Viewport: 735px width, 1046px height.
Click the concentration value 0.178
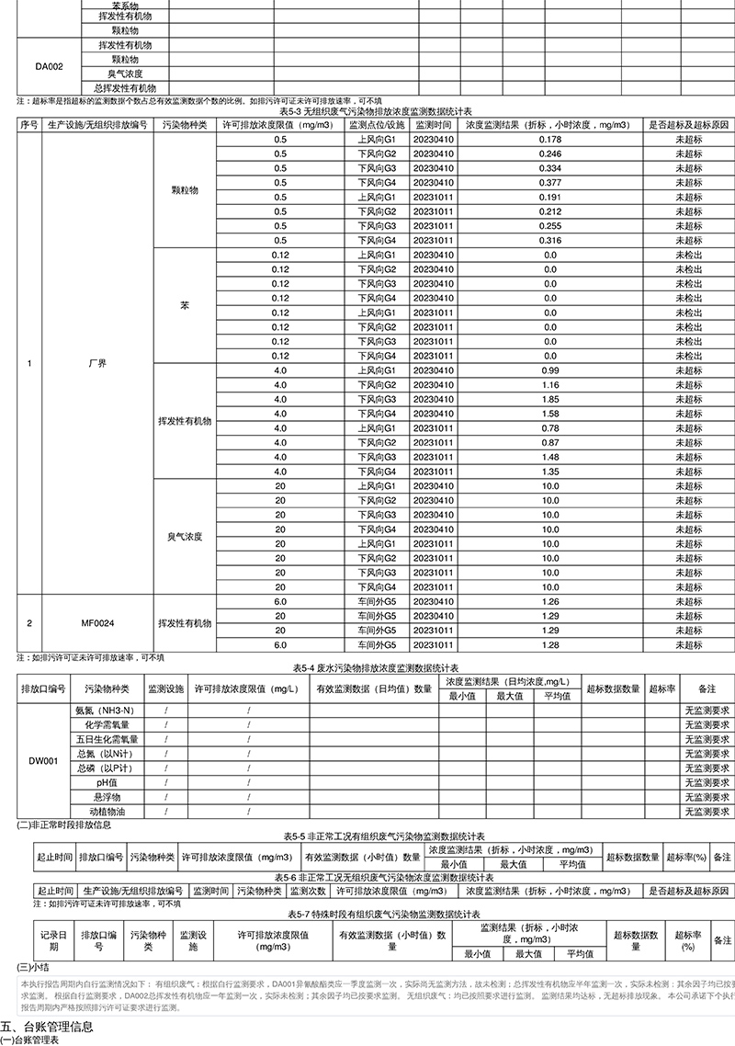click(550, 139)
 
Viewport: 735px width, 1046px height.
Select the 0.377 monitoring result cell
click(550, 182)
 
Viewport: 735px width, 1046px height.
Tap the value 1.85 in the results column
click(550, 400)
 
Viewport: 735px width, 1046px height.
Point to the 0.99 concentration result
click(550, 370)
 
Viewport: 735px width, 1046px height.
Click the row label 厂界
click(96, 363)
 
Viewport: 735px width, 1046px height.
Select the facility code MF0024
click(96, 623)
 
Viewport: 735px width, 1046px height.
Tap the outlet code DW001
click(45, 761)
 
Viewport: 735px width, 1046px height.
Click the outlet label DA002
click(49, 66)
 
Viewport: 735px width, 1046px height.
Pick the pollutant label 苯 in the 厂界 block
click(185, 305)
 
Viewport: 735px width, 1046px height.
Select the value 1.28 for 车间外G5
click(550, 646)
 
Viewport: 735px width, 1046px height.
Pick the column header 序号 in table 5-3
click(28, 124)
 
